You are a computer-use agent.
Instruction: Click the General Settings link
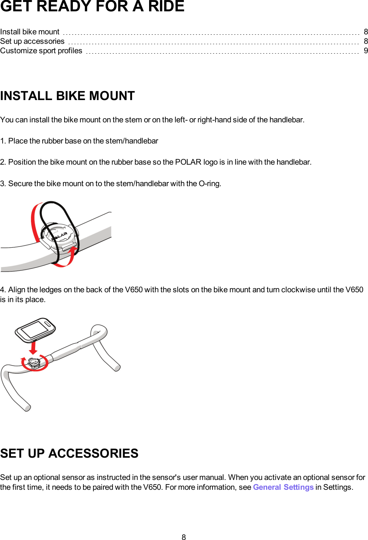pyautogui.click(x=283, y=487)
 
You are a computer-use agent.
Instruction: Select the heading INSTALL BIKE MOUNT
pyautogui.click(x=68, y=96)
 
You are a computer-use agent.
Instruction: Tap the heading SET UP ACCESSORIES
pyautogui.click(x=69, y=453)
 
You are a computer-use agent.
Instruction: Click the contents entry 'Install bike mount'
pyautogui.click(x=30, y=32)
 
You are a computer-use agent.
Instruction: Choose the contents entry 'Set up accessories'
pyautogui.click(x=32, y=41)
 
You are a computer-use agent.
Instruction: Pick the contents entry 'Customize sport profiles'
pyautogui.click(x=41, y=51)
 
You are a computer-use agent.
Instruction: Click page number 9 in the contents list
pyautogui.click(x=365, y=51)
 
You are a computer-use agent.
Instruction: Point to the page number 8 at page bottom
pyautogui.click(x=184, y=537)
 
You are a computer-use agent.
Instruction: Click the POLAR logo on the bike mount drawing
pyautogui.click(x=60, y=236)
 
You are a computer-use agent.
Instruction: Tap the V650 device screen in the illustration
pyautogui.click(x=34, y=330)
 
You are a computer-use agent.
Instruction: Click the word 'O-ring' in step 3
pyautogui.click(x=209, y=184)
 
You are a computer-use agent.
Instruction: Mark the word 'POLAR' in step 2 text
pyautogui.click(x=188, y=162)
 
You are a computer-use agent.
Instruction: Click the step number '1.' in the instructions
pyautogui.click(x=3, y=141)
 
